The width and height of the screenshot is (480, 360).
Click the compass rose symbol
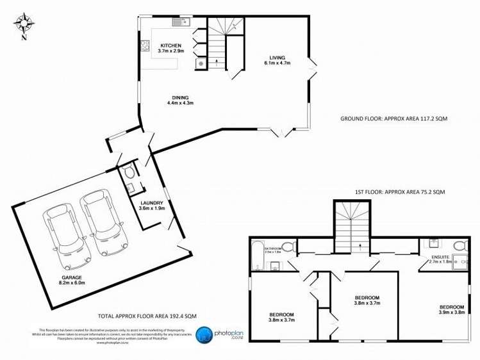[x=24, y=24]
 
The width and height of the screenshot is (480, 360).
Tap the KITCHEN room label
[x=171, y=45]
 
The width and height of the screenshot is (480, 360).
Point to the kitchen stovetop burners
[x=144, y=45]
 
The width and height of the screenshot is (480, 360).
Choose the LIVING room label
[x=277, y=58]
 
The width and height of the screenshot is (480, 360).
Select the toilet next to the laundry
[x=130, y=172]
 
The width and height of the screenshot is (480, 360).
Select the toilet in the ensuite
[x=459, y=247]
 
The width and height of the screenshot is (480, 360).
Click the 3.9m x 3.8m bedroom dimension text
[x=451, y=312]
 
